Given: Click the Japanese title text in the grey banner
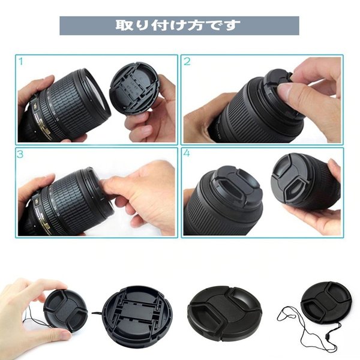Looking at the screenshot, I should click(x=178, y=26).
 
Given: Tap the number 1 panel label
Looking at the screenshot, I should click(x=21, y=62).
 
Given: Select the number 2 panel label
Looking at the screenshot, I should click(x=187, y=62).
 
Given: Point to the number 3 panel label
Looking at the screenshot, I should click(x=21, y=154).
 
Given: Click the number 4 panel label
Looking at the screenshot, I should click(x=187, y=154).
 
